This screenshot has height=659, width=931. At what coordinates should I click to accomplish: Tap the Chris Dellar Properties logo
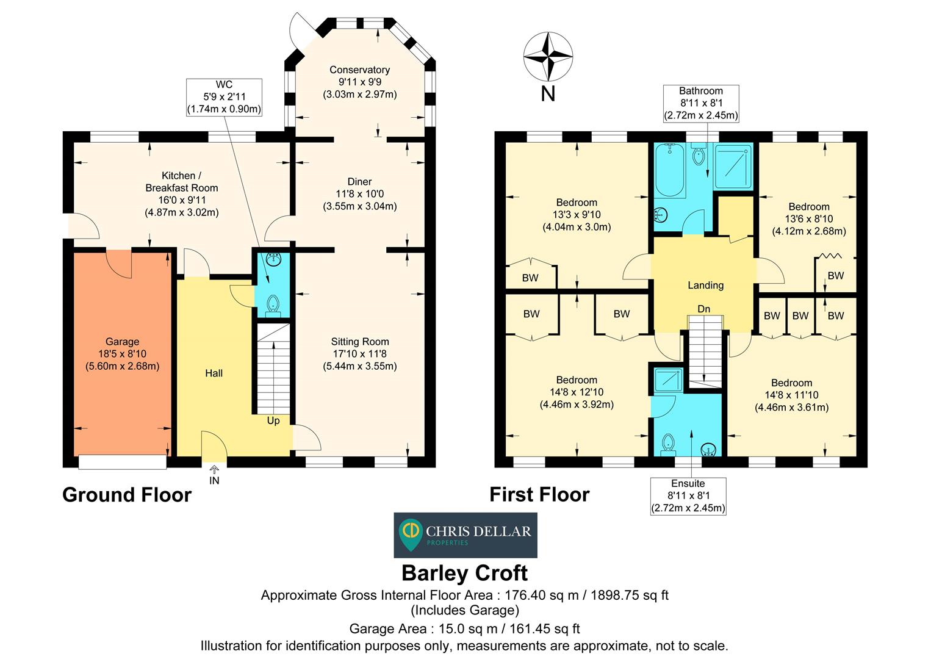click(x=465, y=535)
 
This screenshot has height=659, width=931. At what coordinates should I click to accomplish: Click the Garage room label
click(x=122, y=342)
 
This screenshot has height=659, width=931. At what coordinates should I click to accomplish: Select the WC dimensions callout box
click(x=224, y=97)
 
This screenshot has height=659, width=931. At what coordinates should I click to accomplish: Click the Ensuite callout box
click(x=688, y=495)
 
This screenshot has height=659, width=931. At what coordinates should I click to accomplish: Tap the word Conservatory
click(x=359, y=70)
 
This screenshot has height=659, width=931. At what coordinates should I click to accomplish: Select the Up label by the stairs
click(x=273, y=420)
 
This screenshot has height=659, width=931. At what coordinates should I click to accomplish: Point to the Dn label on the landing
click(x=704, y=309)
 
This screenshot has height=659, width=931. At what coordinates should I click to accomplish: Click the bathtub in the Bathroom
click(x=669, y=170)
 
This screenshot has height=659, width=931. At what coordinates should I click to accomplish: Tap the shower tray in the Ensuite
click(x=669, y=380)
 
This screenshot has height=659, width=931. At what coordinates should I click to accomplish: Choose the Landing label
click(x=705, y=285)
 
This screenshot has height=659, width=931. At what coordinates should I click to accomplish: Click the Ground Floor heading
click(x=127, y=494)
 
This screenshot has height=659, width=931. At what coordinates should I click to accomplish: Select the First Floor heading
click(x=539, y=494)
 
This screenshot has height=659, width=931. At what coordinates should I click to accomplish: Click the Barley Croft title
click(x=465, y=573)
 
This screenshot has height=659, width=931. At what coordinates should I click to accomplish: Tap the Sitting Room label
click(x=359, y=342)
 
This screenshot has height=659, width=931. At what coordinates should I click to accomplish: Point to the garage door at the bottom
click(x=123, y=463)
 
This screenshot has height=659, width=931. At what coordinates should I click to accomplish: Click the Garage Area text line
click(x=464, y=628)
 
